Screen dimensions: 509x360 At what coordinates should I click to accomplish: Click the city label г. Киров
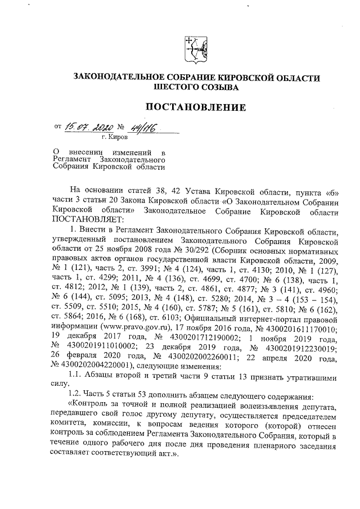click(114, 137)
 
